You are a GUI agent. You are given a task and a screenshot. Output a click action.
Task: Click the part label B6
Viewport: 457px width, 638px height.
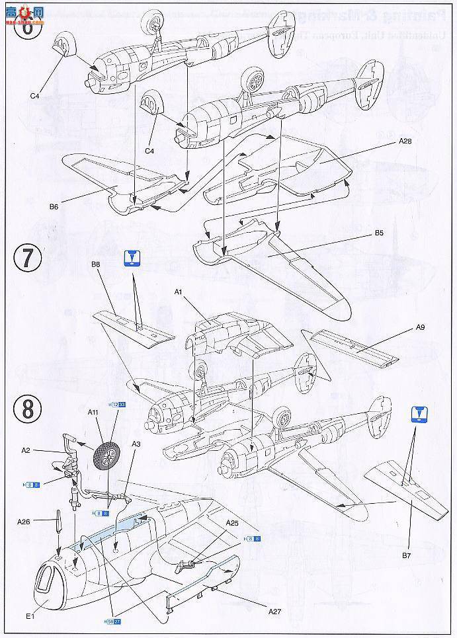pyautogui.click(x=54, y=206)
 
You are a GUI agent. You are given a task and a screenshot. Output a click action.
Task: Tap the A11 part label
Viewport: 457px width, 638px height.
pyautogui.click(x=93, y=411)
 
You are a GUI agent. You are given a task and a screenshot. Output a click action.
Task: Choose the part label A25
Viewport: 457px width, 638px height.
pyautogui.click(x=231, y=523)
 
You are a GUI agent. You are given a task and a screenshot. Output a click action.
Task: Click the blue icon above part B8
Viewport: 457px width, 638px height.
pyautogui.click(x=132, y=257)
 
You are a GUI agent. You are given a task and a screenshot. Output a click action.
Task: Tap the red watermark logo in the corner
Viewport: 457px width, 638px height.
pyautogui.click(x=22, y=9)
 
